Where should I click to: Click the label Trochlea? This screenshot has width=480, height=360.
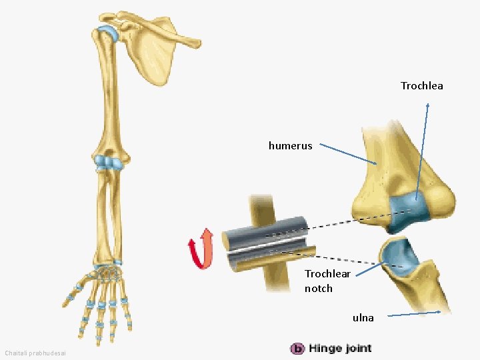pyautogui.click(x=421, y=86)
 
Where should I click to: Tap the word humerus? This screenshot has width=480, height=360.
pyautogui.click(x=290, y=145)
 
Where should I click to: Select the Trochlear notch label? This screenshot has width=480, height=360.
pyautogui.click(x=327, y=281)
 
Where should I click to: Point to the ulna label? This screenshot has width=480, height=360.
pyautogui.click(x=363, y=318)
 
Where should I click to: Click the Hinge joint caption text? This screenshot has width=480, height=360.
pyautogui.click(x=340, y=348)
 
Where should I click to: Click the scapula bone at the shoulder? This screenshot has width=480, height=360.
pyautogui.click(x=157, y=53)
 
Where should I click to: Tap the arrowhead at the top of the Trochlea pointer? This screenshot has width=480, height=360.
pyautogui.click(x=427, y=105)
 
